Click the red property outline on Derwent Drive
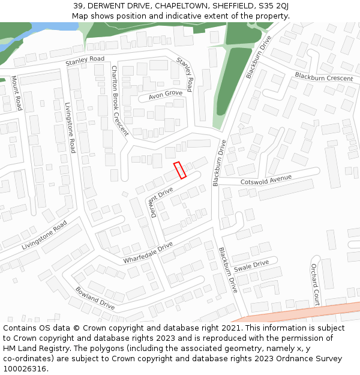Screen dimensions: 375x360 coord(180,170)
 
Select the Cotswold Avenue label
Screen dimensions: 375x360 coord(266,179)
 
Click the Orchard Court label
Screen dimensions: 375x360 coord(316,284)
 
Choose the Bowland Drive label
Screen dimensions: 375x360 coord(95,298)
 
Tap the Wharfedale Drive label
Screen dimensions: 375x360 coord(148,253)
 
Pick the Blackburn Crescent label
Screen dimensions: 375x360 coord(323,77)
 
